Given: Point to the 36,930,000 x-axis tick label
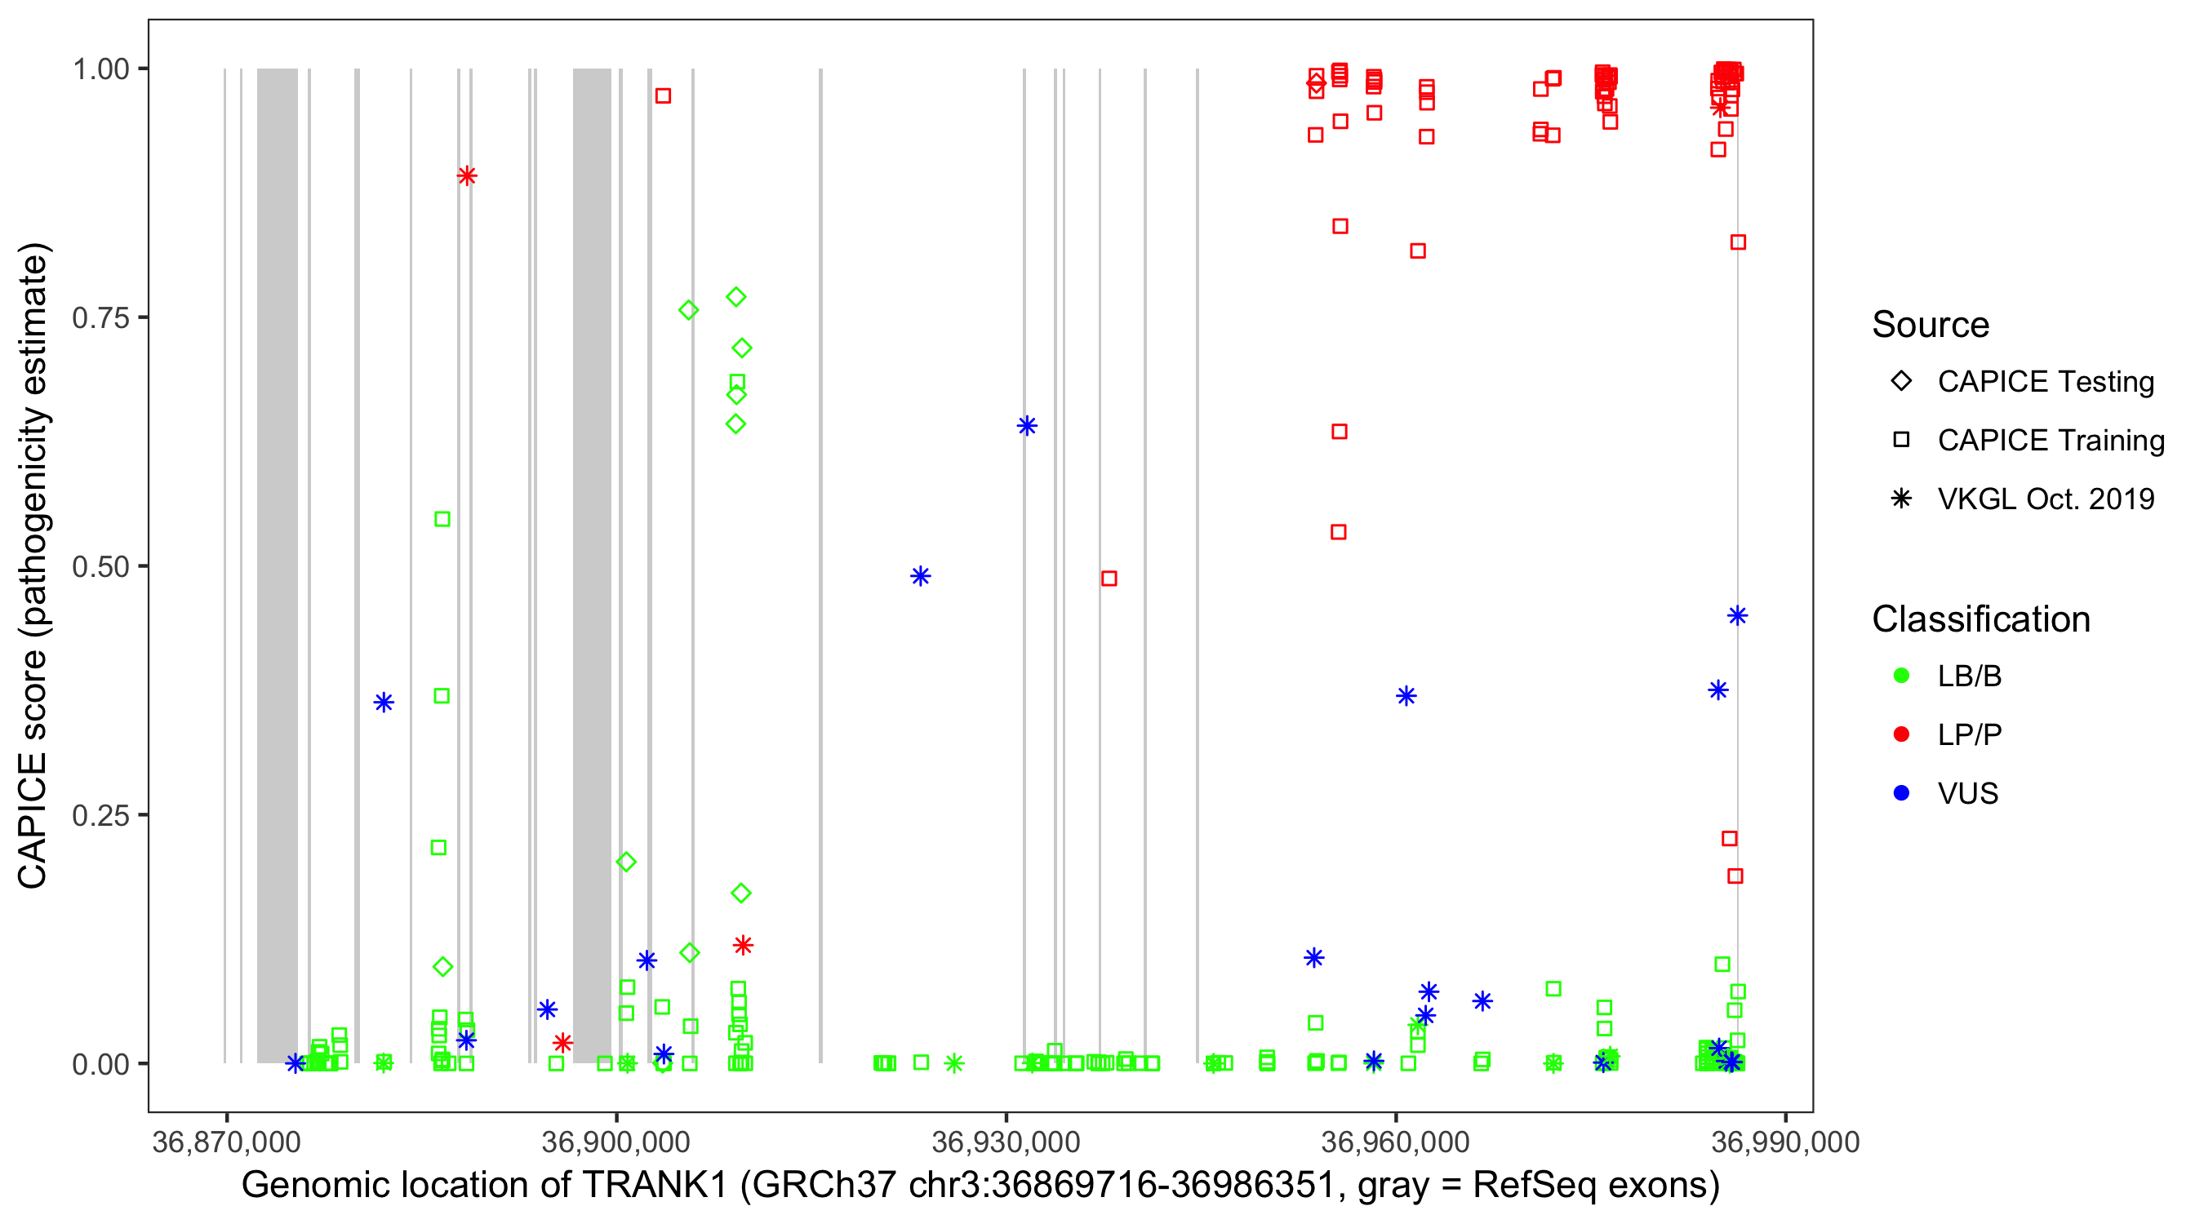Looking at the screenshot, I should coord(1006,1142).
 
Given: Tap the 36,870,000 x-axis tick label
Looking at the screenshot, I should coord(226,1142).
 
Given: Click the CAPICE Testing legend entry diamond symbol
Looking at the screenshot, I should coord(1901,382).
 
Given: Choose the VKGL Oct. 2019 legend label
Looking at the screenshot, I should coord(2046,499).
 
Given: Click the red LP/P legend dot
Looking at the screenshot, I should coord(1901,734).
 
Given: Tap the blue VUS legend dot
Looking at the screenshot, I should coord(1901,793).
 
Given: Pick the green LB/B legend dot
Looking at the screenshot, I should coord(1901,676).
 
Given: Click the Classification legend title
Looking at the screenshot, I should coord(1980,619).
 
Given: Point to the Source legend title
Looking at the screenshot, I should coord(1931,324).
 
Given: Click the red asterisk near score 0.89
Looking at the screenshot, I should coord(466,176).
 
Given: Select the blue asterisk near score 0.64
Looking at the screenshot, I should coord(1027,426).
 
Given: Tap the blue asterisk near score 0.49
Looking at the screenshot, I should coord(920,576).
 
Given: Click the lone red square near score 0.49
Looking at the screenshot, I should coord(1109,579).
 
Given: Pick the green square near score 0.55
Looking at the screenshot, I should coord(442,519).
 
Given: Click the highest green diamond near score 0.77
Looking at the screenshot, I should coord(735,297).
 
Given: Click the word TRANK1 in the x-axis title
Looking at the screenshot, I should coord(655,1185).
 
